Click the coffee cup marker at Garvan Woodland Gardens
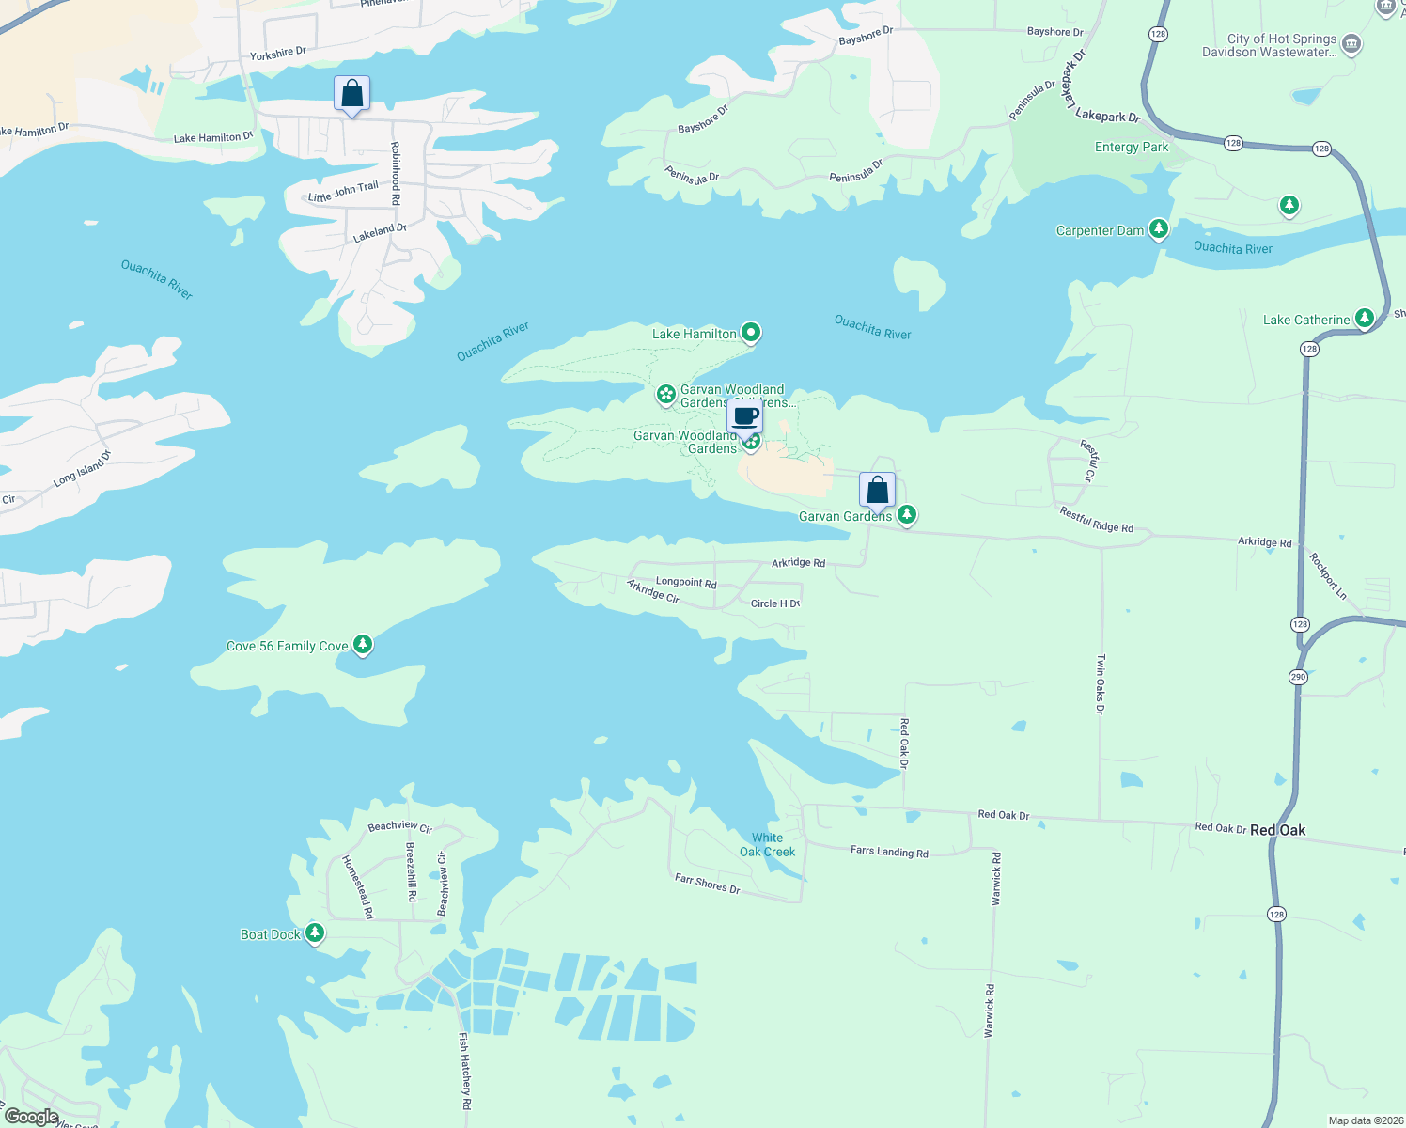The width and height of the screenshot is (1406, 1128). pos(745,416)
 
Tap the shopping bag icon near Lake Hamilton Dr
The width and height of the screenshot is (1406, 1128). pos(351,94)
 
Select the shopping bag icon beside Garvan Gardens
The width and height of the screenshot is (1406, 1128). pos(877,490)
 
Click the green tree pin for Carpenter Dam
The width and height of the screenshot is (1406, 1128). pos(1159,229)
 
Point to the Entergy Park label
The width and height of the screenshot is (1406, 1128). pos(1132,148)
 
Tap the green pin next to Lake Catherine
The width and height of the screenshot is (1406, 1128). pos(1364,319)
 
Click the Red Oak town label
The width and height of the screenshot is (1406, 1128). pos(1277,830)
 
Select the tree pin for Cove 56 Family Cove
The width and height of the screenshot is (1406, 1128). pos(363,645)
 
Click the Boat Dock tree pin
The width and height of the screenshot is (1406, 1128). pos(315,933)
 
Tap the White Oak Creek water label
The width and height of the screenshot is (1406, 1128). pos(767,845)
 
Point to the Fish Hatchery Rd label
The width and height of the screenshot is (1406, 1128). pos(464,1071)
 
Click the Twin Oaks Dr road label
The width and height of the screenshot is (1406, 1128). pos(1101,684)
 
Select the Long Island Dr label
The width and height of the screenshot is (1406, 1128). pos(82,468)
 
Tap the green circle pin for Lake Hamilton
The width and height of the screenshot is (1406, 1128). pos(750,332)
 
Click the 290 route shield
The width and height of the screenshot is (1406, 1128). pos(1298,677)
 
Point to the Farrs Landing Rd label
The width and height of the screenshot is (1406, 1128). pos(888,852)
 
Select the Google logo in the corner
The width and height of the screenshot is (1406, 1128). pos(32,1116)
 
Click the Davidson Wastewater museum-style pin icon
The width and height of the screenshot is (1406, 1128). pos(1351,44)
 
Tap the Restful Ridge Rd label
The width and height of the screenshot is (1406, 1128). pos(1096,520)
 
